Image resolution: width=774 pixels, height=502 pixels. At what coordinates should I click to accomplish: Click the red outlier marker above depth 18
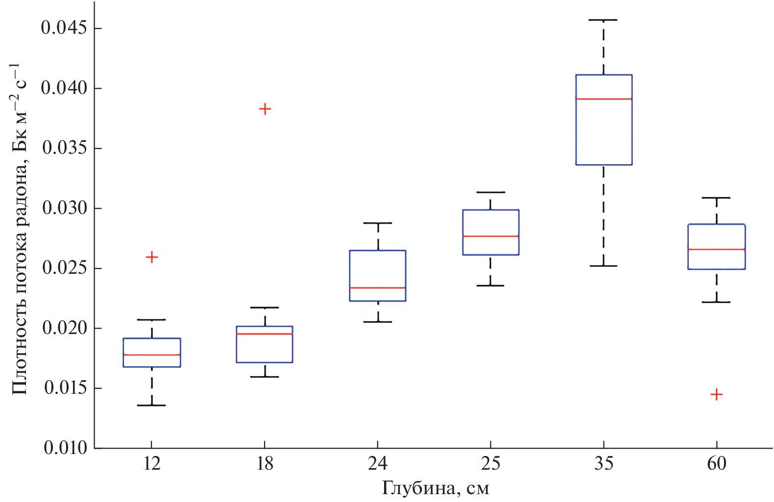point(265,109)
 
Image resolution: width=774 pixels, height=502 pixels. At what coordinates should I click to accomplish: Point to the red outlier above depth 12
point(152,257)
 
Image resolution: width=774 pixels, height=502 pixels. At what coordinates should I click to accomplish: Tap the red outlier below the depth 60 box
point(716,394)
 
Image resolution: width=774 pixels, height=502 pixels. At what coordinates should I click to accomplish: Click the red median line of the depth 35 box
point(604,99)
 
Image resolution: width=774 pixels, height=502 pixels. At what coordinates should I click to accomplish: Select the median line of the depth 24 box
point(378,287)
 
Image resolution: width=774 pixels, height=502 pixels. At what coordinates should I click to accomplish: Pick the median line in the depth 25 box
point(490,236)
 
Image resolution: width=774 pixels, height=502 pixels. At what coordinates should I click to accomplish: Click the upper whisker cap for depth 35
point(604,20)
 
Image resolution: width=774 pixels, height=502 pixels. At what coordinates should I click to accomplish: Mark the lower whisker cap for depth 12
point(152,406)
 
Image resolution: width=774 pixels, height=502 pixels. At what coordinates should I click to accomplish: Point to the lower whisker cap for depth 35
point(604,266)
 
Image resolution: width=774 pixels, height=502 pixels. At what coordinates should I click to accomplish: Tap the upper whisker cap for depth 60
point(716,198)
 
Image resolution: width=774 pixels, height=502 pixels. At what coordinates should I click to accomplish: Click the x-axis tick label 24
point(378,463)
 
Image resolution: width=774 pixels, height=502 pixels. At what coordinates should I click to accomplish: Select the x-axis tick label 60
point(716,463)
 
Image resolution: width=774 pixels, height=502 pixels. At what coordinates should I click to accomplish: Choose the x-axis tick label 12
point(152,463)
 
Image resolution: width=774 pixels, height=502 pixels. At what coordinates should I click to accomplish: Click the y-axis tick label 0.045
point(64,28)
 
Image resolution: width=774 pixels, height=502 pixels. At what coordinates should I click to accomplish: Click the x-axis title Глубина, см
point(435,488)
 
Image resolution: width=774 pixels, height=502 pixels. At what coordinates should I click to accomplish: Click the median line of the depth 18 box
point(265,334)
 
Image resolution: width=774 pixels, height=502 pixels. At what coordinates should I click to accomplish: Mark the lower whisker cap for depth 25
point(490,286)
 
